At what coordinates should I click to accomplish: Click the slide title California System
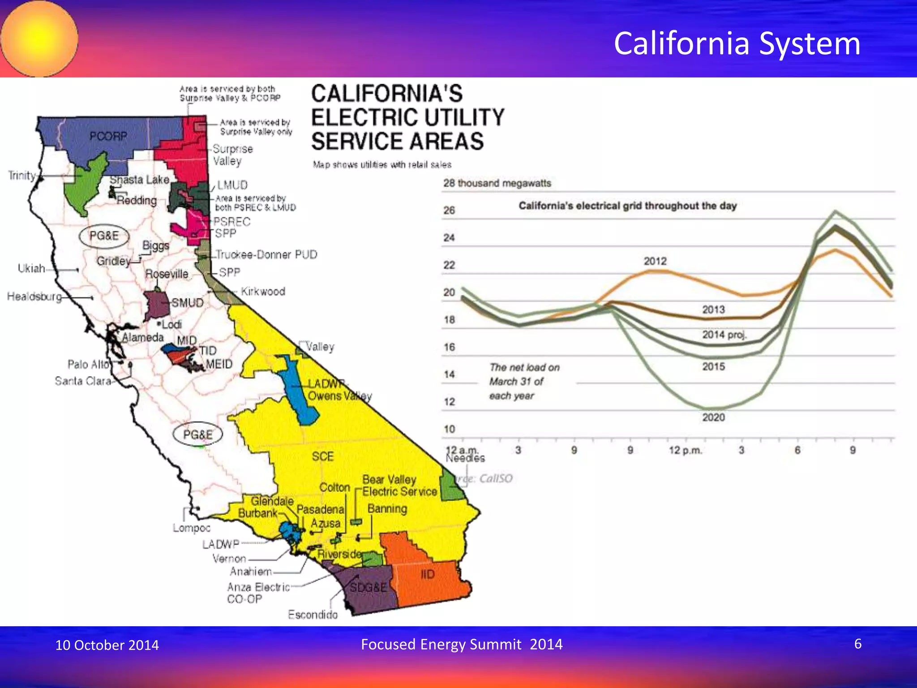coord(737,43)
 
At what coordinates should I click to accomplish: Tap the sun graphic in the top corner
coord(39,39)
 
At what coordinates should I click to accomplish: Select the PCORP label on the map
coord(108,136)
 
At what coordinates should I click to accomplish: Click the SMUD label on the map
coord(187,303)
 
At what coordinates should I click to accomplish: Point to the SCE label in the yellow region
coord(323,456)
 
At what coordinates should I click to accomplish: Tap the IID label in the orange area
coord(428,574)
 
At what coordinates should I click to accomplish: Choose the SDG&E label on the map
coord(368,587)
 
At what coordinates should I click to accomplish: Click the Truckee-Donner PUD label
coord(266,254)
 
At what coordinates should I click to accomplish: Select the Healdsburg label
coord(34,297)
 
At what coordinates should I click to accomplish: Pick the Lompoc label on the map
coord(192,528)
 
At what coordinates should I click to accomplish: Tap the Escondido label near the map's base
coord(313,615)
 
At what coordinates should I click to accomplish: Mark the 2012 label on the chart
coord(655,261)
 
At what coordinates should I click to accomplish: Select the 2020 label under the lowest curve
coord(713,417)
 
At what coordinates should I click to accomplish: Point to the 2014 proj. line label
coord(724,335)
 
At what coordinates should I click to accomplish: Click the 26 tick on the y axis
coord(449,210)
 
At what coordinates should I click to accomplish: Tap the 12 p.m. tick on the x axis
coord(686,450)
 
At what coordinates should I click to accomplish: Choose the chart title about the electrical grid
coord(627,206)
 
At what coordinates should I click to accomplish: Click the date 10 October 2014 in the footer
coord(107,645)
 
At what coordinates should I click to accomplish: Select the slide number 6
coord(858,644)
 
